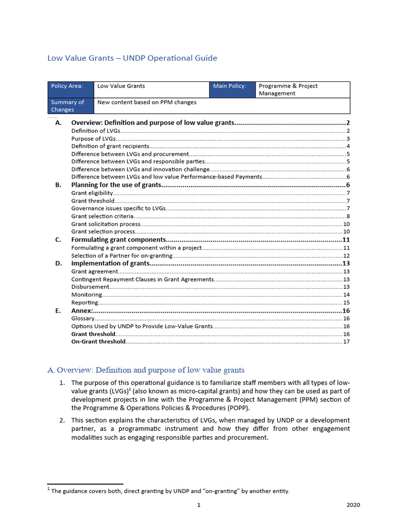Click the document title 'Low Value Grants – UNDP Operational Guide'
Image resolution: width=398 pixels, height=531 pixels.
[x=132, y=58]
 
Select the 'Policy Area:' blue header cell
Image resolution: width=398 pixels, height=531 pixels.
[x=71, y=86]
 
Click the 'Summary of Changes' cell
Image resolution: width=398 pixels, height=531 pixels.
[x=71, y=106]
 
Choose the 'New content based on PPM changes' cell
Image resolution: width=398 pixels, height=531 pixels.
[x=147, y=102]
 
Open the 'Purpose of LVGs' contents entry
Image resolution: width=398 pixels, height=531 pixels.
[x=93, y=138]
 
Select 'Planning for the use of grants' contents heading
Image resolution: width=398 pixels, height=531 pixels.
[x=117, y=185]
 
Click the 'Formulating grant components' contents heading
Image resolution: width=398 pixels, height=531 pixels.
[x=118, y=240]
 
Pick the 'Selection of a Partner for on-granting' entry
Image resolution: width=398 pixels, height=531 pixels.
[x=122, y=256]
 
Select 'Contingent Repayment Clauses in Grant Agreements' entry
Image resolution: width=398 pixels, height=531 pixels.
[x=142, y=279]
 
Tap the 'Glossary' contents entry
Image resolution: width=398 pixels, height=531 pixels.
[x=83, y=318]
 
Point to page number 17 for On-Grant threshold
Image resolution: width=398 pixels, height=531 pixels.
[x=346, y=342]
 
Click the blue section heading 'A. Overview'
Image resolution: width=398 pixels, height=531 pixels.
[x=146, y=370]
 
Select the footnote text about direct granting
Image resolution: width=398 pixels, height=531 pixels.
[x=170, y=491]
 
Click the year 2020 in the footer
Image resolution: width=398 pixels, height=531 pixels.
[x=352, y=505]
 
